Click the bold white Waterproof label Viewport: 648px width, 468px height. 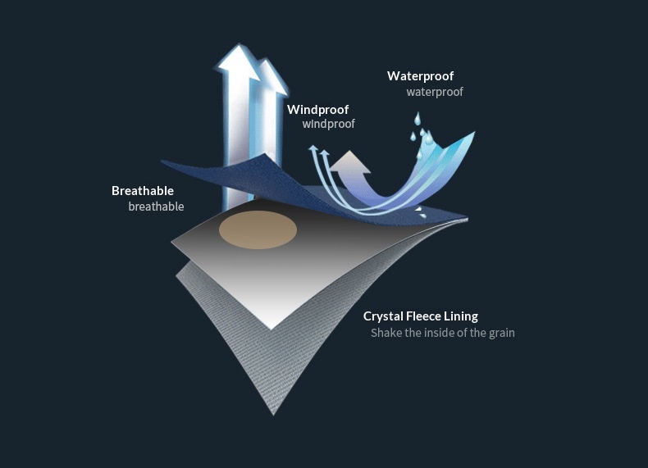pyautogui.click(x=420, y=76)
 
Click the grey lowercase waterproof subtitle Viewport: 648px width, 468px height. pyautogui.click(x=435, y=92)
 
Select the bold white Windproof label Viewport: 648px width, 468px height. pyautogui.click(x=317, y=109)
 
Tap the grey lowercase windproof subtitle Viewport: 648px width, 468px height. pyautogui.click(x=328, y=124)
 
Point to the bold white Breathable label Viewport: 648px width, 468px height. pyautogui.click(x=143, y=191)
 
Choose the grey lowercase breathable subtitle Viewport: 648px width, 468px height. pyautogui.click(x=156, y=207)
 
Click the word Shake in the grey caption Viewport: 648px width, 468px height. pyautogui.click(x=386, y=333)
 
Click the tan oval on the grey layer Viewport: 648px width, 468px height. pyautogui.click(x=258, y=229)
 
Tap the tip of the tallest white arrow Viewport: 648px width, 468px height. pyautogui.click(x=239, y=47)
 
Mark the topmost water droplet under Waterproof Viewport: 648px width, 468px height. pyautogui.click(x=416, y=117)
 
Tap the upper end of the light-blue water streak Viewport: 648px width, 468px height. pyautogui.click(x=472, y=132)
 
